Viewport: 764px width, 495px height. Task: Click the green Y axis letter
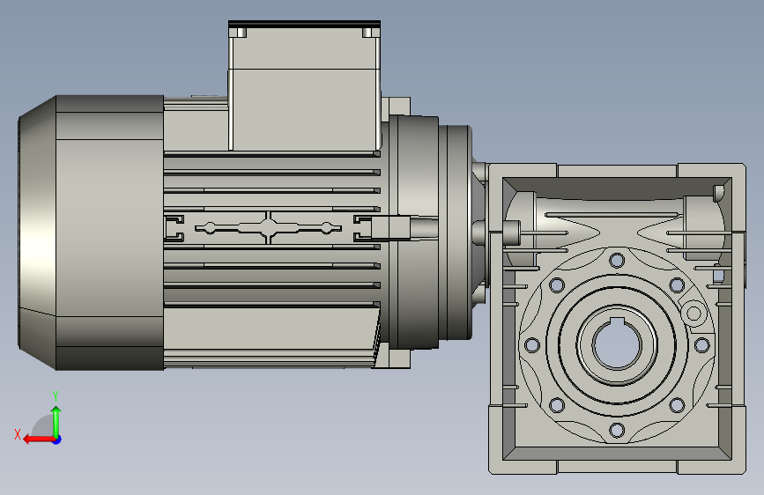click(x=56, y=395)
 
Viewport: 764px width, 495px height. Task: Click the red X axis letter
click(x=18, y=434)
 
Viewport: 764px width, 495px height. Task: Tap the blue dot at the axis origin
click(x=57, y=440)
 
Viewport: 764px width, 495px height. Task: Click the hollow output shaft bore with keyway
click(x=616, y=343)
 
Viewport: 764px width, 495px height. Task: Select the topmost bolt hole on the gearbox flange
click(x=617, y=260)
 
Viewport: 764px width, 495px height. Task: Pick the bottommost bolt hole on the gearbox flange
click(x=617, y=430)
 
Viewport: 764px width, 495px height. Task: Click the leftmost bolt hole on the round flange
click(x=531, y=345)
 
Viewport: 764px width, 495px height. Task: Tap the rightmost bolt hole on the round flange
click(x=701, y=345)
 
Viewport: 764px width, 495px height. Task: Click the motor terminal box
click(x=305, y=85)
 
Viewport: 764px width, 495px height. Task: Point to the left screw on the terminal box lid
click(x=241, y=33)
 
